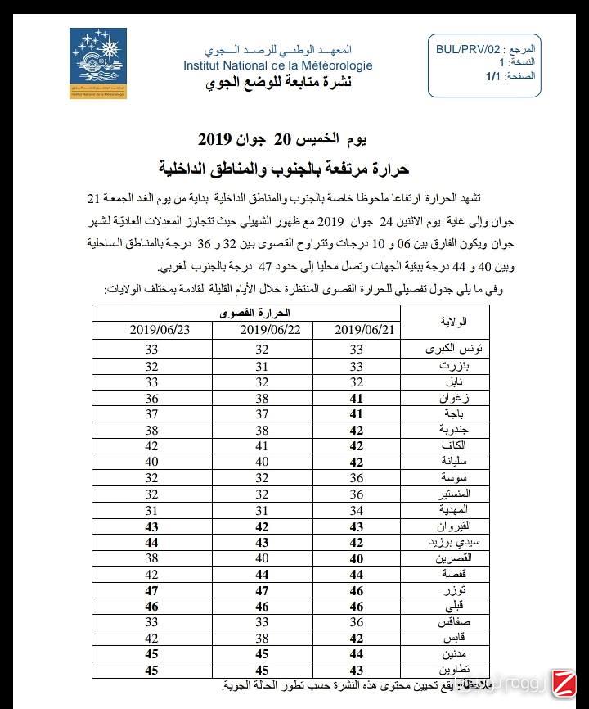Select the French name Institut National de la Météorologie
277,65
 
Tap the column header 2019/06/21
365,329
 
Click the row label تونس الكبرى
456,349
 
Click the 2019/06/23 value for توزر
151,589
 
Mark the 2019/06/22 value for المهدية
261,509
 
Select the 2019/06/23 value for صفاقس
151,621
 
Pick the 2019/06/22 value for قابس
261,638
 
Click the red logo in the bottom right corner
562,682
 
